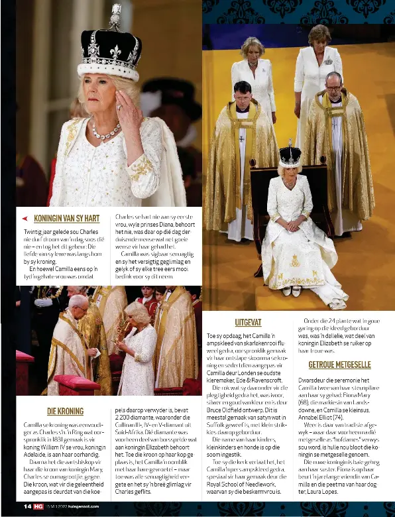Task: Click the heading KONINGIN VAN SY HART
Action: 66,218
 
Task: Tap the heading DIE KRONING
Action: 65,411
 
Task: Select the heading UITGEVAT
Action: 248,323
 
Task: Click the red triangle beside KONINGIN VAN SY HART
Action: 25,218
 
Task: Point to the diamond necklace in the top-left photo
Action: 105,132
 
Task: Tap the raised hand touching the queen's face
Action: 129,106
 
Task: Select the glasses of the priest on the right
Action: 333,87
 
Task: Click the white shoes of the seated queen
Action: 288,290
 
